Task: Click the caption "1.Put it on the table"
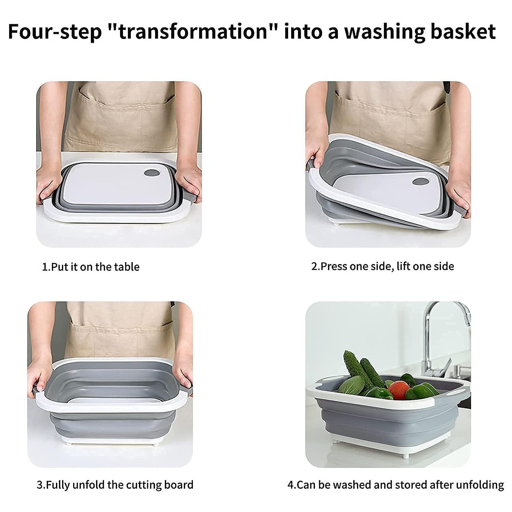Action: tap(90, 267)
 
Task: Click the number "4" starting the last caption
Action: tap(290, 485)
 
